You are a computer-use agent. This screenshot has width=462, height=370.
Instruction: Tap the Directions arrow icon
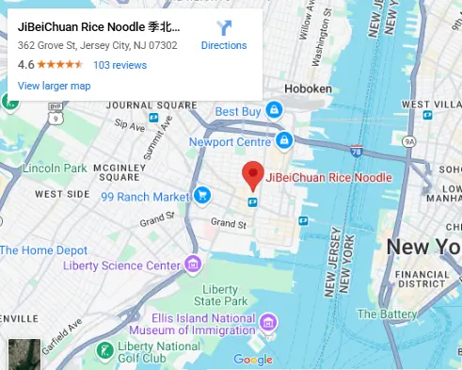coord(224,28)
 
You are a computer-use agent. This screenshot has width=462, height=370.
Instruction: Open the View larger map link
coord(54,86)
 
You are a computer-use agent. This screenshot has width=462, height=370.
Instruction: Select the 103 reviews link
coord(120,65)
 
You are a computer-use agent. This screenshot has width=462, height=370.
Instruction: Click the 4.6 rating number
coord(25,65)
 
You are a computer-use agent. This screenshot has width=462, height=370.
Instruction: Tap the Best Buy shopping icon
coord(274,110)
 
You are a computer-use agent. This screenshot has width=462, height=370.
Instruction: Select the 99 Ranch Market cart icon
coord(202,196)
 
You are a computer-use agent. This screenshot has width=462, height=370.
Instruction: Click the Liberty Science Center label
coord(120,265)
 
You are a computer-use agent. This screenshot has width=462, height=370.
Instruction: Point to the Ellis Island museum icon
coord(269,323)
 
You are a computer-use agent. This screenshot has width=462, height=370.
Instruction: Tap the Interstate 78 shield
coord(356,151)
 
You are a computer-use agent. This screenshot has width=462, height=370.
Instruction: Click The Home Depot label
coord(43,250)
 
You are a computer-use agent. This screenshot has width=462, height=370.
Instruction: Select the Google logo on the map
coord(252,360)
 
